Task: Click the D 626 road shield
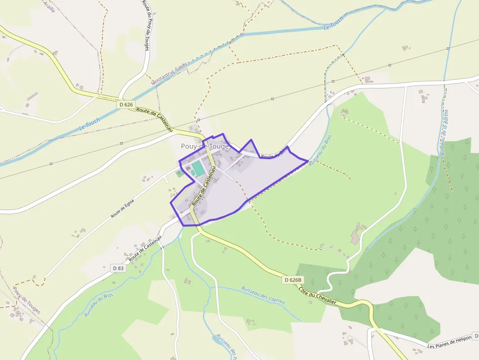click(126, 105)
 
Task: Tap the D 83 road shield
click(118, 268)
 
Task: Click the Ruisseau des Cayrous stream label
click(263, 295)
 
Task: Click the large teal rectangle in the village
click(198, 169)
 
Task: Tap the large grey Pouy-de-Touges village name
click(206, 146)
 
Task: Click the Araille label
click(49, 6)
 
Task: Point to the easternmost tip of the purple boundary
click(308, 160)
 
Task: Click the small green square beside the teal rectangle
click(179, 172)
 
